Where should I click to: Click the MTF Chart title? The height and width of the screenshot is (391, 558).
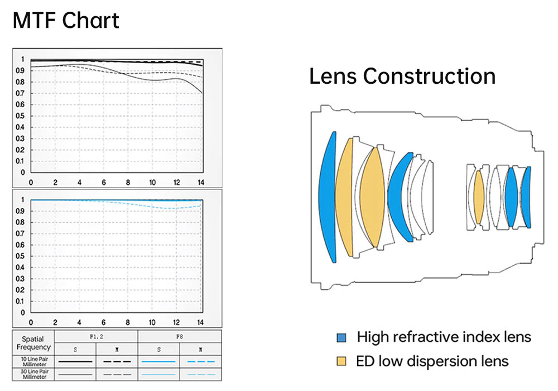point(66,21)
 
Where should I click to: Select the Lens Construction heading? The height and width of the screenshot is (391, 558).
point(402,77)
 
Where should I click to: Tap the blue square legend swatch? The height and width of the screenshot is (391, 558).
point(341,337)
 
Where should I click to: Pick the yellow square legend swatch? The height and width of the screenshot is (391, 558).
point(341,361)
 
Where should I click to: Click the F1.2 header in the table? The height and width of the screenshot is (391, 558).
point(96,337)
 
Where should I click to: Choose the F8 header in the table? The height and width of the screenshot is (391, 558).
point(180,337)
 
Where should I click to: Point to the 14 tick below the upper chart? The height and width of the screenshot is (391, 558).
point(201,183)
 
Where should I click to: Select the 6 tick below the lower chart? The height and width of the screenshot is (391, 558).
point(104,322)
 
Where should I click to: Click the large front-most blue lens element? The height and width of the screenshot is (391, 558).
point(328,197)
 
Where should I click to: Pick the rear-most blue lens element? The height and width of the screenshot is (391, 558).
point(527,197)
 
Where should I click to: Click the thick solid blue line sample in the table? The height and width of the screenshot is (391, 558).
point(158,361)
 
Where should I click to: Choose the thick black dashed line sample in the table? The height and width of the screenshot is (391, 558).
point(117,361)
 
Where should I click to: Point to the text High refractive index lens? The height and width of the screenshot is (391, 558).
point(444,337)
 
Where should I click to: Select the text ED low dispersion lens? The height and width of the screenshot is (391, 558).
point(432,361)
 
